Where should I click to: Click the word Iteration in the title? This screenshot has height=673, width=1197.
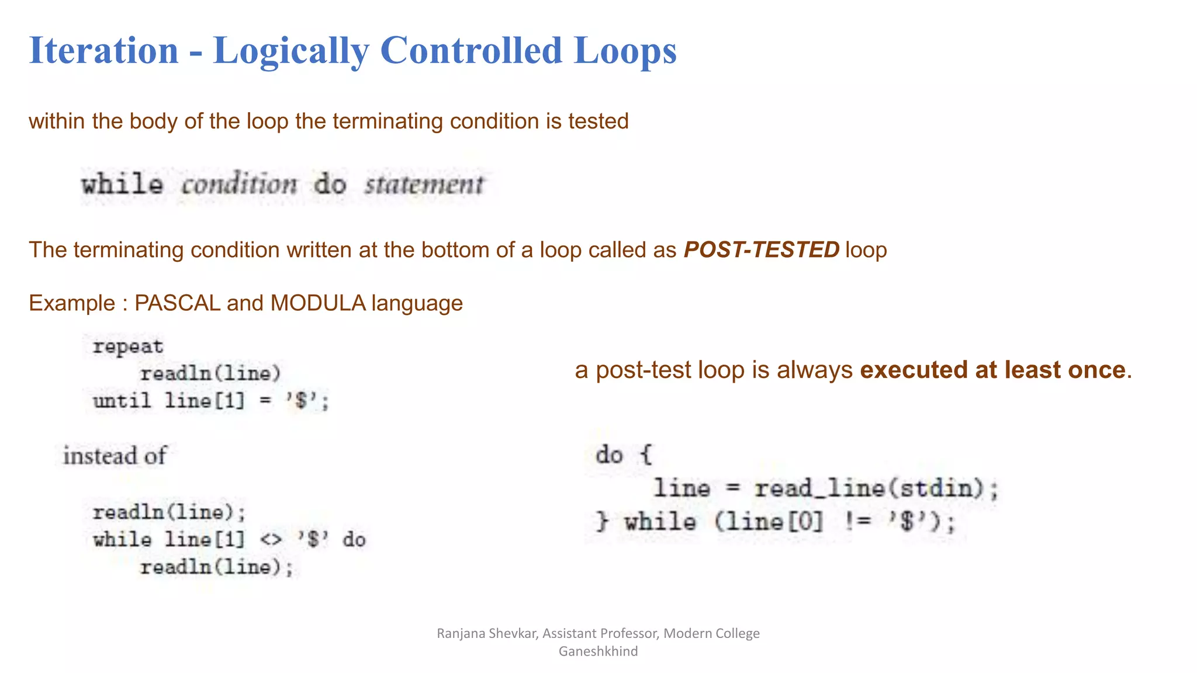103,50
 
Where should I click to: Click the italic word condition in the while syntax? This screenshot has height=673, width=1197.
239,185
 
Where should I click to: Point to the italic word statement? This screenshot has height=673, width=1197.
424,185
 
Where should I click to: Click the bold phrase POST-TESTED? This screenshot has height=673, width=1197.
762,250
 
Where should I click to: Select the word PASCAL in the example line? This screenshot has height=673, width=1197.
177,303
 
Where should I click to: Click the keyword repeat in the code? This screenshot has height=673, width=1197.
128,346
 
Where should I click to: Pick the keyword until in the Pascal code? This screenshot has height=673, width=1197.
122,401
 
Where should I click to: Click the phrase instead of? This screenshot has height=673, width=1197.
115,456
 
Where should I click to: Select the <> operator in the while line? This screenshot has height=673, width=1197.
271,540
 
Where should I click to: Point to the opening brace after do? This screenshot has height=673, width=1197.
645,455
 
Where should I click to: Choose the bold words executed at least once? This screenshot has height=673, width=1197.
992,370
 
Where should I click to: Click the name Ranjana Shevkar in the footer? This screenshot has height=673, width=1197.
487,633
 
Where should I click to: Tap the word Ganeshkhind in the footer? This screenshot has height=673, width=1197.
598,651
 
